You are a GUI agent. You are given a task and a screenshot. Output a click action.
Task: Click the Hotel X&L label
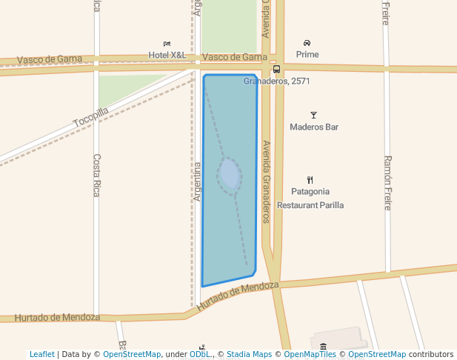pos(167,55)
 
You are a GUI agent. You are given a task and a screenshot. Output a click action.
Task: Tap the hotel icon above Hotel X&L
pos(167,44)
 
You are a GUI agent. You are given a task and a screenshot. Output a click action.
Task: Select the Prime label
pos(307,54)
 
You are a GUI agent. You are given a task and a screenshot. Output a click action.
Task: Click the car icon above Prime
pos(307,43)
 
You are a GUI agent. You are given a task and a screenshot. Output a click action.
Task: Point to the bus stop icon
pos(276,70)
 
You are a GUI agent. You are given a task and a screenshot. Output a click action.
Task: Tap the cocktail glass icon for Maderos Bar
pos(313,115)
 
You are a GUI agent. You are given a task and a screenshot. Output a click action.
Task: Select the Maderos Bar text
pos(313,127)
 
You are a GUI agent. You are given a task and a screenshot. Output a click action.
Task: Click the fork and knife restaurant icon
pos(310,179)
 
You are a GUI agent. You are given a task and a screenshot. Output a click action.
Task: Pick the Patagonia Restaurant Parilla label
pos(310,198)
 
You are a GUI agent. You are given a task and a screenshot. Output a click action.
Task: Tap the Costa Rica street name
pos(96,175)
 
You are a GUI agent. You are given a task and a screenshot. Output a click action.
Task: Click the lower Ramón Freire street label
pos(387,183)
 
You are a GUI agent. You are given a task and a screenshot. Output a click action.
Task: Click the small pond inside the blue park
pos(230,175)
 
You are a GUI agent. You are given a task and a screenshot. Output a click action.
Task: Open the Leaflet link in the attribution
pos(41,354)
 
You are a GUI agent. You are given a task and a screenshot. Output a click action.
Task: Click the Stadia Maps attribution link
pos(249,354)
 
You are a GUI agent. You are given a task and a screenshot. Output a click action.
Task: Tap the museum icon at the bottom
pos(323,347)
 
